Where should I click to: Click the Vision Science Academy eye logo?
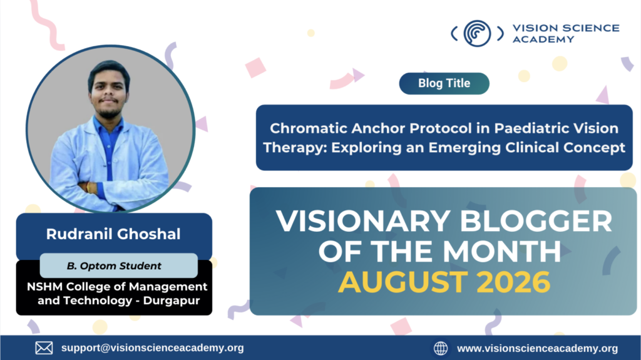477,34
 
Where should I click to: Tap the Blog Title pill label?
444,83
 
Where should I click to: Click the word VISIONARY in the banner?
363,221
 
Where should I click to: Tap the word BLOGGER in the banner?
536,221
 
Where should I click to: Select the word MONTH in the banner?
502,251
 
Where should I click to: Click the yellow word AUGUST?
403,282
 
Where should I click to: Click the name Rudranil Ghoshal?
113,234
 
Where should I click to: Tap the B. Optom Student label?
114,266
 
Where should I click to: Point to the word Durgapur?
172,301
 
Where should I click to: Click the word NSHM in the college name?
44,286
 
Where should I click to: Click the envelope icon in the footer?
44,348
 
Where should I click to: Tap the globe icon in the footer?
440,349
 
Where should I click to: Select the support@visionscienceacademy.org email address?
153,347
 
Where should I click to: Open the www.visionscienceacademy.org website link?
538,349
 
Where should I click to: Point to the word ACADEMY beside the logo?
543,39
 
